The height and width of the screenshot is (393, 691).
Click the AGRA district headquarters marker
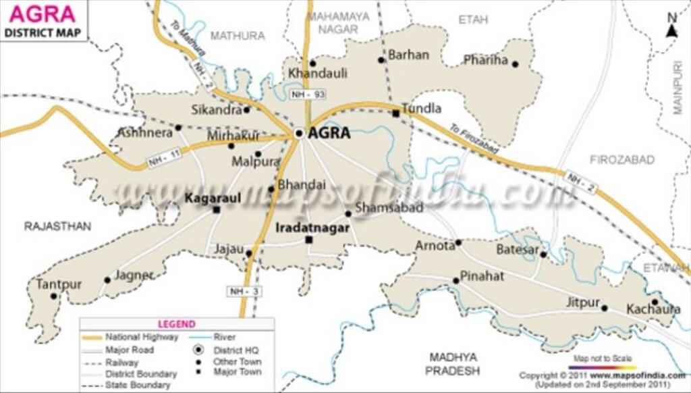point(298,133)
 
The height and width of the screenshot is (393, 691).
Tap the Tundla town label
point(421,108)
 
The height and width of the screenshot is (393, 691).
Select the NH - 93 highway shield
point(303,95)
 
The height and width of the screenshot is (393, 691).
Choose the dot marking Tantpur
point(54,296)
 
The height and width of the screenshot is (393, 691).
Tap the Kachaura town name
point(653,309)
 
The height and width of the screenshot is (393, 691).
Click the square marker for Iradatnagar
point(309,240)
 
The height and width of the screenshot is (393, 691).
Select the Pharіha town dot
point(515,65)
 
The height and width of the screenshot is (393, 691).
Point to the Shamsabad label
point(389,207)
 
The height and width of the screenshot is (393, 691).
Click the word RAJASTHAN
point(57,226)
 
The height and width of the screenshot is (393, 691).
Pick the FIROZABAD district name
point(622,159)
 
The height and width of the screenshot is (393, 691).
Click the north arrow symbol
point(671,27)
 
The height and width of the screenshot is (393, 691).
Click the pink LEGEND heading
point(177,324)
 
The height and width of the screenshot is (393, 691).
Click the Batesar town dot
point(543,255)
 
